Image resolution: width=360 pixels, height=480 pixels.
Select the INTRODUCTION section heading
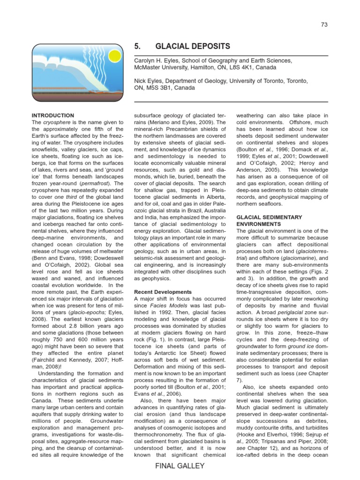click(x=52, y=115)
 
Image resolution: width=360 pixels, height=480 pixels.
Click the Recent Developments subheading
click(x=163, y=292)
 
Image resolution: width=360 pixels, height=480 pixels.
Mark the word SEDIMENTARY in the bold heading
click(x=278, y=217)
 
